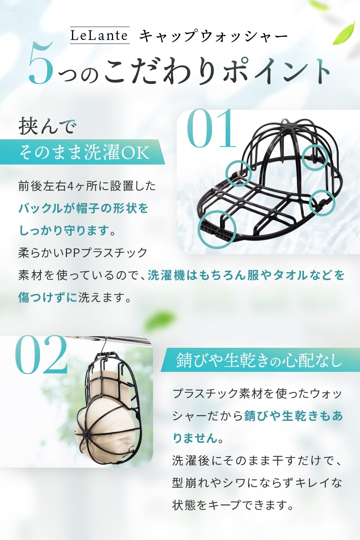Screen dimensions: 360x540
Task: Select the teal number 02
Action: pyautogui.click(x=41, y=355)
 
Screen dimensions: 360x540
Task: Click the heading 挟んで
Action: pyautogui.click(x=48, y=126)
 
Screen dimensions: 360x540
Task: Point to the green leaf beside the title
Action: pyautogui.click(x=344, y=33)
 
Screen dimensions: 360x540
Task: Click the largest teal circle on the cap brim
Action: pyautogui.click(x=217, y=229)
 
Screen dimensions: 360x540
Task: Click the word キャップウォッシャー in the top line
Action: pyautogui.click(x=213, y=37)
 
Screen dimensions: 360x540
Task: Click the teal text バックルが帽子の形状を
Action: pyautogui.click(x=83, y=208)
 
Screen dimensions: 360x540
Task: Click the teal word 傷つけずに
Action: pyautogui.click(x=48, y=298)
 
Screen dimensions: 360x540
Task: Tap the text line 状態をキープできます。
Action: pyautogui.click(x=233, y=505)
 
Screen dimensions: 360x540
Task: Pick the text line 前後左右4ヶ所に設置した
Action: pyautogui.click(x=87, y=186)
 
